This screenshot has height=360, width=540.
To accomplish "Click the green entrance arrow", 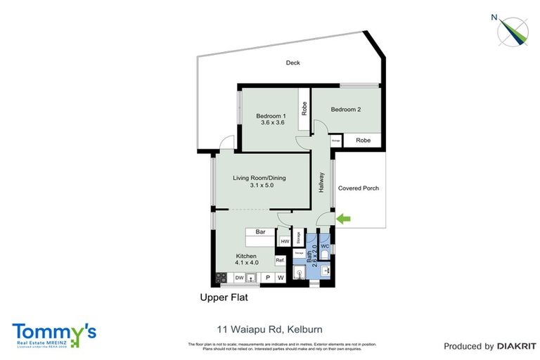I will click(344, 219).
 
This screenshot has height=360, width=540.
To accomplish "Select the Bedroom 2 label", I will click(345, 109).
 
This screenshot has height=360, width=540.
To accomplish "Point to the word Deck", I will click(292, 63).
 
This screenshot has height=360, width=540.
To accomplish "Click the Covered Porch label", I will click(359, 188).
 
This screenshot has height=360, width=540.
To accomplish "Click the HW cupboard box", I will click(285, 241).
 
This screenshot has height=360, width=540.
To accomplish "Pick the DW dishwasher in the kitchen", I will click(239, 278).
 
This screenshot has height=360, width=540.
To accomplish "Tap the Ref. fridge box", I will click(279, 261).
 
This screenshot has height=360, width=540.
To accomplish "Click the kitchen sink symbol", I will click(252, 278).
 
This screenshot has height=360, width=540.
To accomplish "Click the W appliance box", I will click(281, 278).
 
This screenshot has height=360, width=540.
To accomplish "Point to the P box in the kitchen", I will click(267, 278).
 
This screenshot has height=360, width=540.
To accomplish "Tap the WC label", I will click(325, 246).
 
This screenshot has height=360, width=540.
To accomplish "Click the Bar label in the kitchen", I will click(259, 231).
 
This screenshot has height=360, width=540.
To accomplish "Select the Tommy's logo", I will click(54, 335).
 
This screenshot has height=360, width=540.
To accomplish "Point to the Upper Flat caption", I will click(224, 298).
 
